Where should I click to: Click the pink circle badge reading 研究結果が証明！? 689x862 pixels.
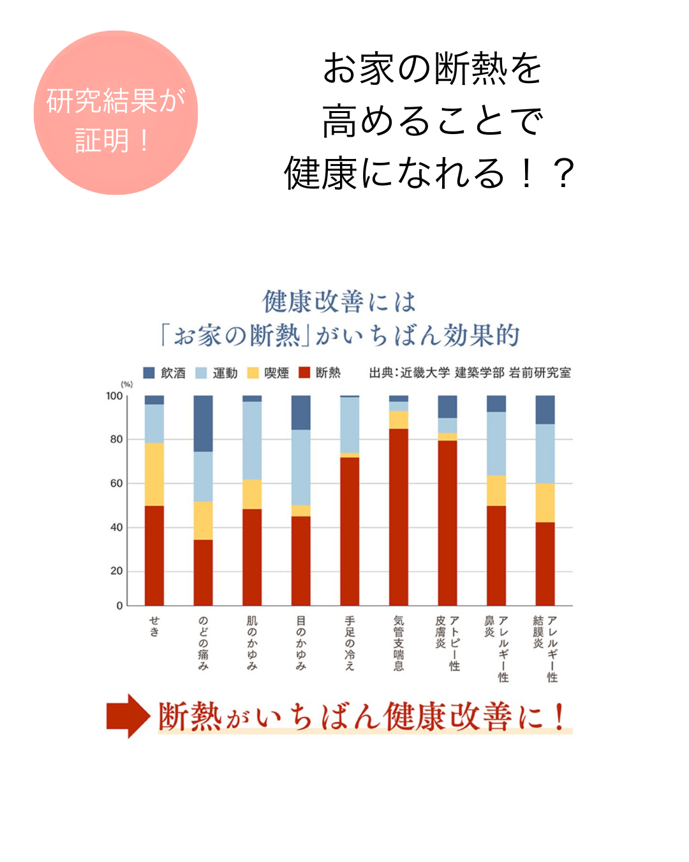pyautogui.click(x=115, y=113)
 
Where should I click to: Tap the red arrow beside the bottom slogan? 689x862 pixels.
pyautogui.click(x=128, y=716)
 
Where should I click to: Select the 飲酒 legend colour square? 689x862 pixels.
pyautogui.click(x=149, y=373)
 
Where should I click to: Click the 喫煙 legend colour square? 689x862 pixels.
pyautogui.click(x=253, y=373)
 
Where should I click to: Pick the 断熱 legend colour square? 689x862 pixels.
pyautogui.click(x=304, y=373)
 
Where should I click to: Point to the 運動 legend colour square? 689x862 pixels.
pyautogui.click(x=201, y=373)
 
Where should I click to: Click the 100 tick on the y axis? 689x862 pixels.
pyautogui.click(x=114, y=396)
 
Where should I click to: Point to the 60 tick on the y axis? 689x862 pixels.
pyautogui.click(x=116, y=483)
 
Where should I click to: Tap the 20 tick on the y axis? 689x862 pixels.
pyautogui.click(x=116, y=571)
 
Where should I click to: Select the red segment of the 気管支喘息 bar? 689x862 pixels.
pyautogui.click(x=399, y=517)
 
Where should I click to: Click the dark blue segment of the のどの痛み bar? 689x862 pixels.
pyautogui.click(x=203, y=423)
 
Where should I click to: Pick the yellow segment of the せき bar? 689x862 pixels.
pyautogui.click(x=154, y=474)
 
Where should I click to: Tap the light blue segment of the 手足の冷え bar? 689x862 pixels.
pyautogui.click(x=350, y=425)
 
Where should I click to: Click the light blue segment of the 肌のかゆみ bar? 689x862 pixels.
pyautogui.click(x=252, y=441)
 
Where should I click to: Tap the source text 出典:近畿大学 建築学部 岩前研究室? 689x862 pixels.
pyautogui.click(x=470, y=373)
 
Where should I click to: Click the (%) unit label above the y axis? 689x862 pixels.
pyautogui.click(x=127, y=384)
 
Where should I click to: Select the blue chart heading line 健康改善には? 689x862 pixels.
pyautogui.click(x=339, y=302)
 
